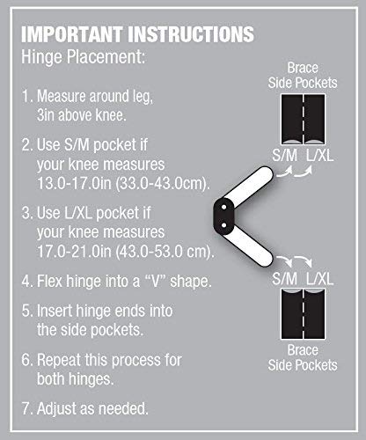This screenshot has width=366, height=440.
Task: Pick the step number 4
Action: (27, 283)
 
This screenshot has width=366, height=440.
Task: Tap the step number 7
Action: (27, 408)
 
